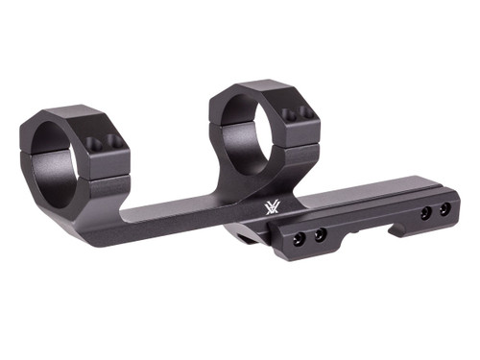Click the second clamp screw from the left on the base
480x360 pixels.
coord(320,233)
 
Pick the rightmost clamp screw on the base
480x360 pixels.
coord(444,208)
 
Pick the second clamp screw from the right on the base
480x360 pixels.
coord(424,212)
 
